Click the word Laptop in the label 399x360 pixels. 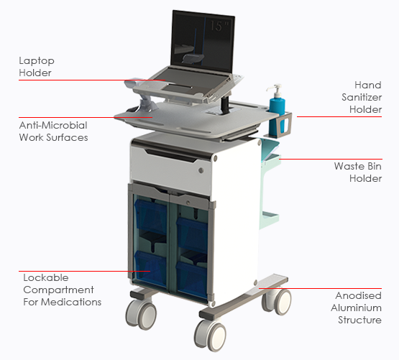[37, 61]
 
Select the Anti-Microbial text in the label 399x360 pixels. [53, 125]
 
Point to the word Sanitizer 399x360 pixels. [362, 97]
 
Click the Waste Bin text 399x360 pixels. [358, 166]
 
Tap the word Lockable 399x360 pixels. [46, 277]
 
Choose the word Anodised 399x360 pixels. [358, 295]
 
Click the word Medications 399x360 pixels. [71, 302]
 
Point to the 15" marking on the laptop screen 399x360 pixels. [219, 26]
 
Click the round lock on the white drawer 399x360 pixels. [201, 170]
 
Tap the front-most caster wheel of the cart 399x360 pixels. [211, 335]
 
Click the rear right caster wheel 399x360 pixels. [277, 301]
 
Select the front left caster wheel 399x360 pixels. [141, 314]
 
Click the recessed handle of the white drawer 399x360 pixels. [171, 155]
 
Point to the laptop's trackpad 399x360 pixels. [178, 88]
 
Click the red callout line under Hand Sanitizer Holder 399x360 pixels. [339, 117]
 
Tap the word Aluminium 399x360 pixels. [357, 308]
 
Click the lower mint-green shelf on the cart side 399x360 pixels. [270, 218]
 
